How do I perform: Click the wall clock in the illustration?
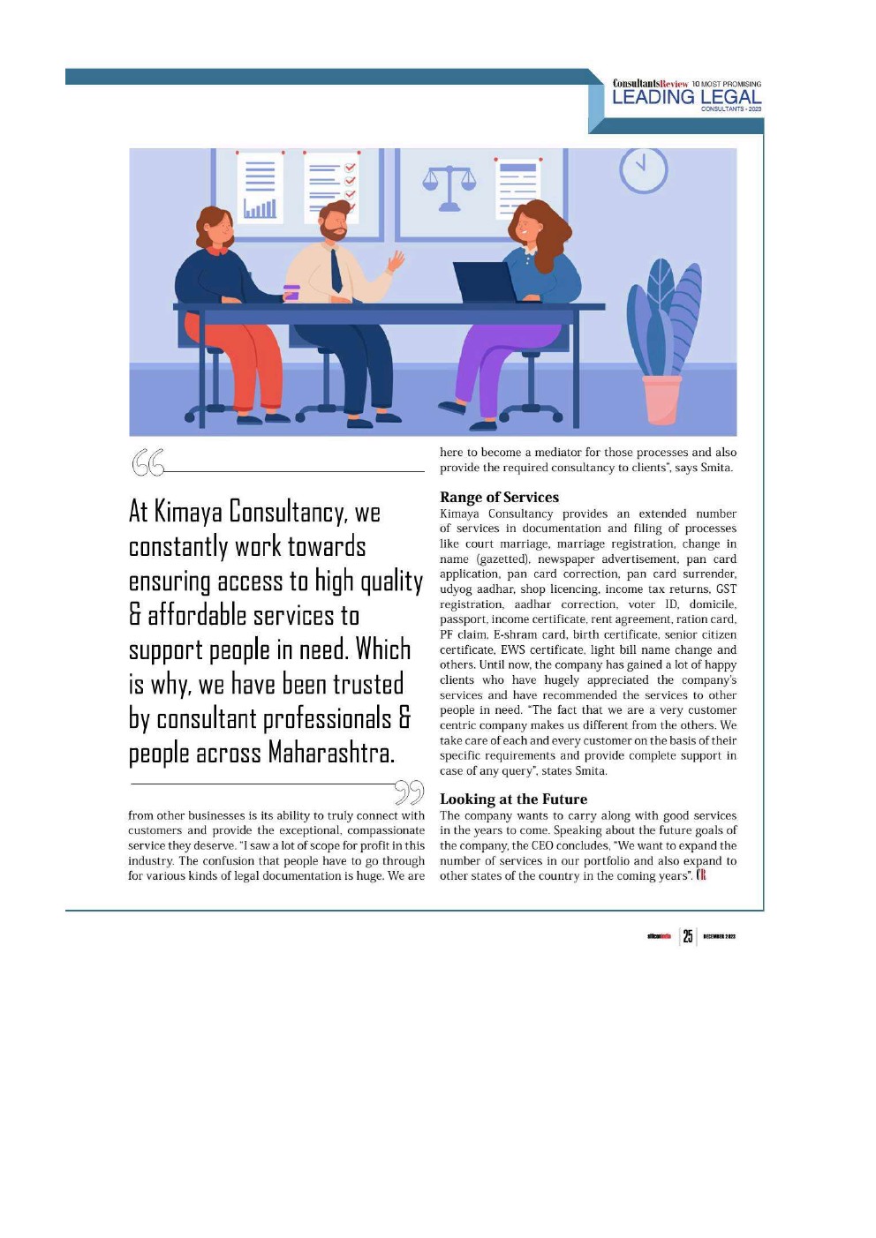[x=643, y=169]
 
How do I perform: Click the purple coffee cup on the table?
[x=291, y=293]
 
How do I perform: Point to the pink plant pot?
[x=661, y=399]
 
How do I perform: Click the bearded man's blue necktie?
[x=336, y=270]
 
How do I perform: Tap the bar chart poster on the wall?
[x=260, y=186]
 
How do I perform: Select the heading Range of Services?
[x=499, y=497]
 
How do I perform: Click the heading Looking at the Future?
[x=513, y=799]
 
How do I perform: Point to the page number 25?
[x=688, y=936]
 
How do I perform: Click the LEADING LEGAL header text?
[x=686, y=97]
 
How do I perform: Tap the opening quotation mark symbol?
[x=147, y=462]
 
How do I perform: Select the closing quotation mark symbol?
[x=409, y=792]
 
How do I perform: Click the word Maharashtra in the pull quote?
[x=330, y=753]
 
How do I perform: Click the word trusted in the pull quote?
[x=363, y=684]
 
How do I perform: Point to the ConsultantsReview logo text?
[x=650, y=84]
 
